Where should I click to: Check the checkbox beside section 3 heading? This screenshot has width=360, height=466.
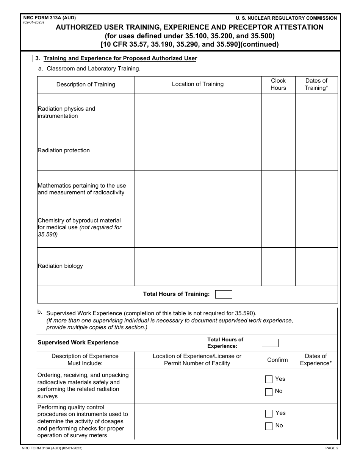point(29,59)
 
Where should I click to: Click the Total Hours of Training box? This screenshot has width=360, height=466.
point(224,294)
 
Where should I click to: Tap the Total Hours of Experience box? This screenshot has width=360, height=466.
point(270,343)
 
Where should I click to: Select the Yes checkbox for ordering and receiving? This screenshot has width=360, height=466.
point(269,379)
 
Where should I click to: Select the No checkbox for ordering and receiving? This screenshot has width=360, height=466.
point(269,392)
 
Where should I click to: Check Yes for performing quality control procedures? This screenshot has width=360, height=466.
point(269,413)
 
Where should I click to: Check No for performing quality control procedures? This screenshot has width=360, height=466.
point(269,426)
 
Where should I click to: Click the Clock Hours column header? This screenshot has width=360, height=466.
point(278,84)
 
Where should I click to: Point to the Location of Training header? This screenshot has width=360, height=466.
point(198,84)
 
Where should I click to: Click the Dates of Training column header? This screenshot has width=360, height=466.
point(316,84)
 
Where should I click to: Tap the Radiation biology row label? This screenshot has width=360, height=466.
point(60,266)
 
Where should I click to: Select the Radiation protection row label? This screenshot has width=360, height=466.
point(64,150)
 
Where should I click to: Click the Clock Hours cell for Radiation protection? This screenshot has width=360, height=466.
point(278,151)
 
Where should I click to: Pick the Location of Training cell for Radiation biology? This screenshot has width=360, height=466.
point(198,266)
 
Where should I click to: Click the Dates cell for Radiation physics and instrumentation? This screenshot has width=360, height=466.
point(316,113)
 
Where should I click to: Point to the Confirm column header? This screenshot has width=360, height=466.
point(277,360)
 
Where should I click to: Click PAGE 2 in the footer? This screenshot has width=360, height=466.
point(331,448)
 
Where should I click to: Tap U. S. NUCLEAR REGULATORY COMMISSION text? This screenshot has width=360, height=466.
point(286,18)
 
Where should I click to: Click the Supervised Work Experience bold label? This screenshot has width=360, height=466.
point(78,342)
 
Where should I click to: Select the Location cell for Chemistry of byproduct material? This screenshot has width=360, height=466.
point(198,228)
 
